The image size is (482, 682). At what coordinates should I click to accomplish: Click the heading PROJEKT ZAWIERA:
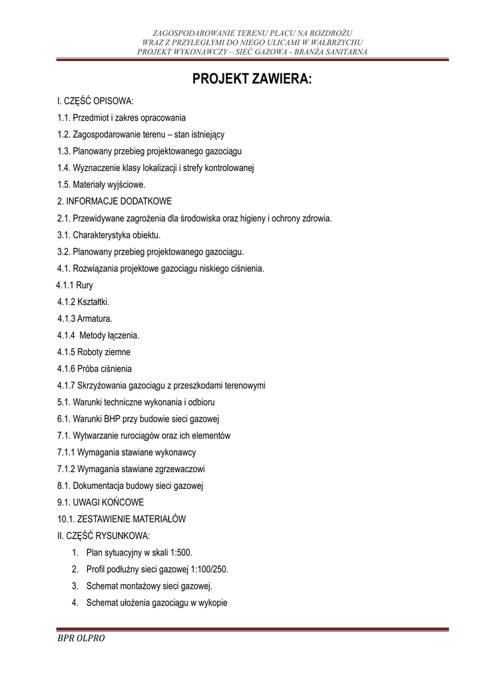tap(252, 81)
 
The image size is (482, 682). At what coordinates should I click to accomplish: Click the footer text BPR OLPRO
tap(81, 638)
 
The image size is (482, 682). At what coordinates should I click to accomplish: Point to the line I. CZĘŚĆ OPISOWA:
tap(95, 101)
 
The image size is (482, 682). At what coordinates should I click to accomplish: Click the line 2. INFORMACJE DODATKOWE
tap(115, 201)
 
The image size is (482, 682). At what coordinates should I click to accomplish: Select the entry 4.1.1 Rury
tap(75, 285)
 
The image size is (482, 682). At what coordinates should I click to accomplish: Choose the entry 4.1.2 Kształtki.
tap(83, 302)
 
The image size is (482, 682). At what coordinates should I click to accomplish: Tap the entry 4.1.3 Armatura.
tap(85, 318)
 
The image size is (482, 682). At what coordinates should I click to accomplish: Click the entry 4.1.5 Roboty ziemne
tap(94, 352)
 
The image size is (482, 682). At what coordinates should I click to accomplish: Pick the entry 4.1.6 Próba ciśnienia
tap(95, 368)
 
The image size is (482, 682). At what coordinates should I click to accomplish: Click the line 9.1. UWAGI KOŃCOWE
tap(101, 502)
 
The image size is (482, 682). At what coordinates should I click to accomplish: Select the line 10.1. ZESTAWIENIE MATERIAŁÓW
tap(122, 519)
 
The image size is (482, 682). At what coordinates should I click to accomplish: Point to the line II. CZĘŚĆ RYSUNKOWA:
tap(104, 535)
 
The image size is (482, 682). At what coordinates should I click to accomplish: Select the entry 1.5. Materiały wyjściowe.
tap(101, 184)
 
